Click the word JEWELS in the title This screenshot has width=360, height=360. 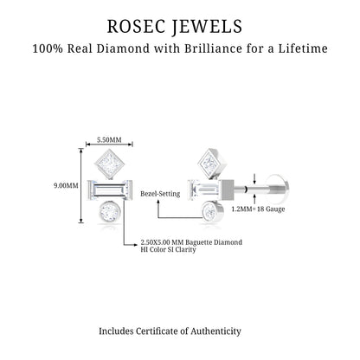click(208, 27)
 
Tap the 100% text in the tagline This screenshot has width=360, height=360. click(48, 48)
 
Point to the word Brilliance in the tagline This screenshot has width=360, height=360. click(213, 48)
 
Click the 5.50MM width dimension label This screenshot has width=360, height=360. click(109, 140)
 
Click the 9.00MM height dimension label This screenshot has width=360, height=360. click(66, 185)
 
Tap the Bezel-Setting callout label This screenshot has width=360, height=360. click(160, 194)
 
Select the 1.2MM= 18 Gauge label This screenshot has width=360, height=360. click(258, 209)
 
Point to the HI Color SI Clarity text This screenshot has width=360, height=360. click(168, 249)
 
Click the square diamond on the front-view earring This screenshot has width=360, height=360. click(109, 164)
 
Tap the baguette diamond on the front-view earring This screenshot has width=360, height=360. click(110, 190)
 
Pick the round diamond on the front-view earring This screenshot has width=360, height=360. click(109, 213)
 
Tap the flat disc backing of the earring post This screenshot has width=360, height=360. click(279, 190)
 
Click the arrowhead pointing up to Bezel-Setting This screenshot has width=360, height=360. click(157, 202)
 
